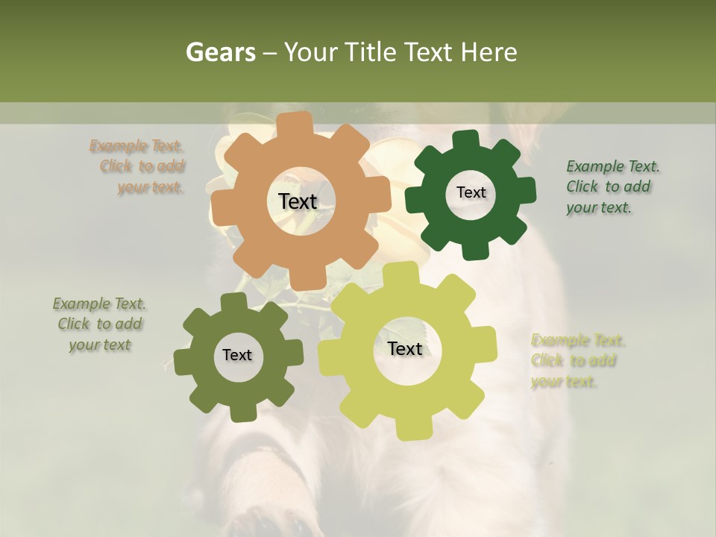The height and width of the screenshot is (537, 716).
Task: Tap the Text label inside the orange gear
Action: click(298, 201)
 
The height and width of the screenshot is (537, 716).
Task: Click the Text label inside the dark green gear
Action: click(471, 192)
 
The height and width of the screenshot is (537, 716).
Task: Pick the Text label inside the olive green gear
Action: click(237, 355)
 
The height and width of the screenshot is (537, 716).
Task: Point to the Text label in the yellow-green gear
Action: click(405, 348)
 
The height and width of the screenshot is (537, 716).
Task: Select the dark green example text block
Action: click(612, 186)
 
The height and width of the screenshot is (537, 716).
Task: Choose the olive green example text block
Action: click(100, 324)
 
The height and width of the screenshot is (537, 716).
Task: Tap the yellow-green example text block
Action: click(576, 361)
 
